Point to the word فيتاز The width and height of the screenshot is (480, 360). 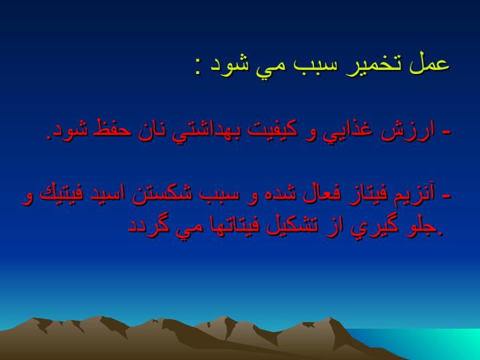362,193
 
